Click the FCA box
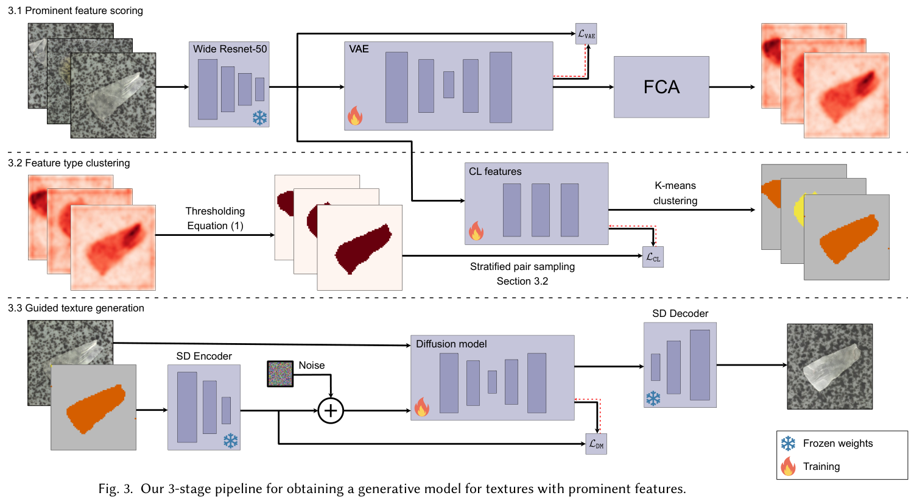click(x=661, y=87)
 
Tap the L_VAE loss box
click(x=586, y=34)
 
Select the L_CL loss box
click(x=653, y=257)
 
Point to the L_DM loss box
click(x=596, y=444)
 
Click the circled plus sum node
click(x=331, y=411)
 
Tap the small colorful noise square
click(x=280, y=374)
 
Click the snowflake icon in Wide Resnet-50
click(x=260, y=118)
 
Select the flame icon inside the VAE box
click(x=355, y=116)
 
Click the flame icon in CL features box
click(x=476, y=231)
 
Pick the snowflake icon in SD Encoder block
click(x=230, y=441)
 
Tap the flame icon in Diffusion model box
click(x=421, y=407)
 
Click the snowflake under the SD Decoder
click(x=653, y=399)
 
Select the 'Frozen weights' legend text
click(x=837, y=443)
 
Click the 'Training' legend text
click(x=821, y=466)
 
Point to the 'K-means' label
click(x=675, y=185)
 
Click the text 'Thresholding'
click(x=215, y=211)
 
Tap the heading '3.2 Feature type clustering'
click(x=69, y=163)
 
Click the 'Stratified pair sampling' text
click(x=522, y=266)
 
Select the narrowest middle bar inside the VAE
click(x=449, y=85)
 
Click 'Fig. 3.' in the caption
click(x=115, y=489)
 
